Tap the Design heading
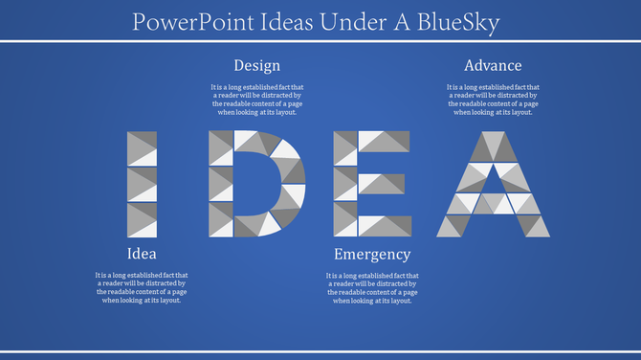tap(257, 65)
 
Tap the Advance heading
tap(493, 65)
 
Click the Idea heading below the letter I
tap(142, 254)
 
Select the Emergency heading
tap(372, 254)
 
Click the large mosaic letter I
tap(143, 184)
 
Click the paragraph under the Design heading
tap(257, 100)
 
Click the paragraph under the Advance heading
tap(493, 100)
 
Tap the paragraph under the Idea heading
tap(142, 287)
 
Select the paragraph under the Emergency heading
tap(372, 287)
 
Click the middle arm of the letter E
tap(381, 183)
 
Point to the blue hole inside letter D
tap(255, 184)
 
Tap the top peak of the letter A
tap(493, 140)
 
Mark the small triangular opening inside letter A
tap(493, 176)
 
